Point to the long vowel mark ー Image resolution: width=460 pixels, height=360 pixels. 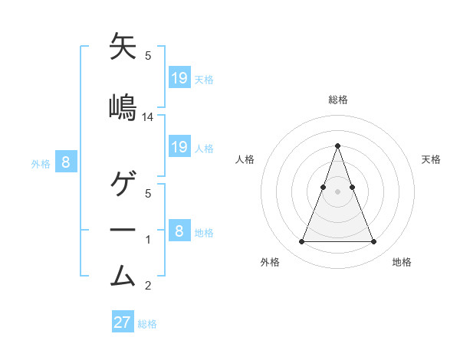click(123, 230)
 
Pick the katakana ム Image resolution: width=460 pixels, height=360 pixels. click(123, 274)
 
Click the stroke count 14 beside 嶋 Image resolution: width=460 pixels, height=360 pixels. click(148, 117)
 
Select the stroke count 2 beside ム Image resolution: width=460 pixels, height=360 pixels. click(148, 286)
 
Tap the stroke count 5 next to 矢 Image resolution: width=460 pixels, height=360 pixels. click(148, 56)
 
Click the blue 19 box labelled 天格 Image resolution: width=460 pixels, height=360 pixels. click(179, 77)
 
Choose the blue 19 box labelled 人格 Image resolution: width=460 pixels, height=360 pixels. click(179, 147)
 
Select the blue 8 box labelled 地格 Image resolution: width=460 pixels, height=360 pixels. click(179, 231)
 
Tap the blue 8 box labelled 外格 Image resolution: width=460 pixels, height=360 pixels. click(66, 162)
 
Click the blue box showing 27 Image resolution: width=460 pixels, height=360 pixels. click(123, 322)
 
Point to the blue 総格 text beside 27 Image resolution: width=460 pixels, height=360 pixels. click(147, 324)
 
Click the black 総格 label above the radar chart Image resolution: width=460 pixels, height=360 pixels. click(337, 100)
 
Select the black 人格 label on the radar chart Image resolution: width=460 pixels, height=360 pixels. click(245, 159)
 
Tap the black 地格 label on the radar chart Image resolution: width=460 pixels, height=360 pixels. click(402, 262)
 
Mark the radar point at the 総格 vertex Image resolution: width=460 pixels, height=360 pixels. click(337, 146)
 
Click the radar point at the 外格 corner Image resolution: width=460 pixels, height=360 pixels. click(301, 242)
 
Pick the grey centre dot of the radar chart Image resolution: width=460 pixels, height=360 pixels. click(337, 191)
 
